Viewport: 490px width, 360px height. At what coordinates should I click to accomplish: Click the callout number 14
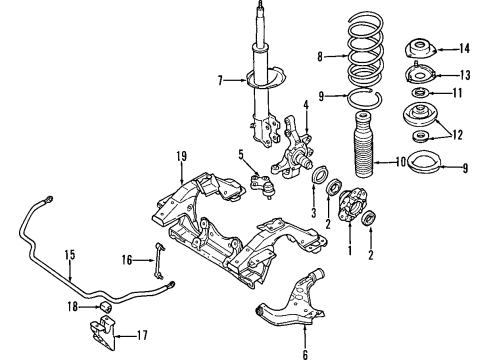click(x=464, y=49)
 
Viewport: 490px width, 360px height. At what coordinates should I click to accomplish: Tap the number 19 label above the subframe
click(x=182, y=156)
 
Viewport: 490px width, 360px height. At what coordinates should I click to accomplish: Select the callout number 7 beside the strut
click(x=220, y=80)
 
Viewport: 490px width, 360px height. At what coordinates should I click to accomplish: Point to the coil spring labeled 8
click(x=365, y=50)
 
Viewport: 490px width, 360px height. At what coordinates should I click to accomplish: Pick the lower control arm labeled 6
click(x=291, y=299)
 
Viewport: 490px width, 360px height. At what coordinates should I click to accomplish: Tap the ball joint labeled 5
click(x=262, y=186)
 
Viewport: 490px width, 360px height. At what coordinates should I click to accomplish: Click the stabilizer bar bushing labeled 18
click(x=106, y=306)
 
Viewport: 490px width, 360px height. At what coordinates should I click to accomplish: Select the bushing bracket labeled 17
click(x=103, y=333)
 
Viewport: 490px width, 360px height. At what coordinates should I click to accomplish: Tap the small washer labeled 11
click(x=420, y=92)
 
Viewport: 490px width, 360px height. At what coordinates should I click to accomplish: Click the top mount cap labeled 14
click(x=420, y=49)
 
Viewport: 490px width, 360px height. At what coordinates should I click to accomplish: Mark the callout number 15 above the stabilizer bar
click(x=70, y=255)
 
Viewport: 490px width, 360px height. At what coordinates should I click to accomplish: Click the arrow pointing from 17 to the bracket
click(x=124, y=337)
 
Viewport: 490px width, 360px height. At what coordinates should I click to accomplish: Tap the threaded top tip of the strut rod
click(x=260, y=4)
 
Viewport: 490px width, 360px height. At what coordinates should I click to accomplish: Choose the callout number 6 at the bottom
click(x=305, y=354)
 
